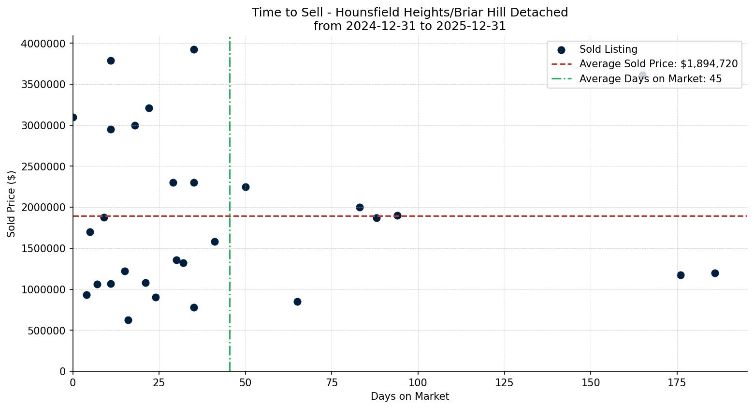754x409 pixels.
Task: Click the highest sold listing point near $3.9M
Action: point(194,49)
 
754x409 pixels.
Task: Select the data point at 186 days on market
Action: point(715,273)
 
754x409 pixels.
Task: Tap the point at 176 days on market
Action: point(681,275)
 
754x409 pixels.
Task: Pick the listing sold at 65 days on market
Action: point(297,302)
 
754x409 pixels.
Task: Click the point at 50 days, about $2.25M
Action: point(246,187)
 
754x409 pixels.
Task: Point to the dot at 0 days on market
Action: point(73,117)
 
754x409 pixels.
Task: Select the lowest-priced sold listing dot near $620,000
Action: point(128,320)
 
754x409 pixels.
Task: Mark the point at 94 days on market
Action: point(397,215)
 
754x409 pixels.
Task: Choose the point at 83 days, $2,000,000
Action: point(360,207)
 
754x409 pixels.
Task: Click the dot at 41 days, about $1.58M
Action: point(215,242)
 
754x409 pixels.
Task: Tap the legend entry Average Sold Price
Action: point(658,64)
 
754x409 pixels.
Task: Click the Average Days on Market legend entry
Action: point(650,79)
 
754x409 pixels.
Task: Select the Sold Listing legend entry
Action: point(608,49)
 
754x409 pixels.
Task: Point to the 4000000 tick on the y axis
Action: point(43,44)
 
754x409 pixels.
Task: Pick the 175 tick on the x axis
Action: point(677,382)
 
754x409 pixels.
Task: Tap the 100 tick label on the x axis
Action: point(418,382)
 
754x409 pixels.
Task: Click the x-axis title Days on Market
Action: point(410,396)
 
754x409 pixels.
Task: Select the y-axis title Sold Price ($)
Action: point(11,203)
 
